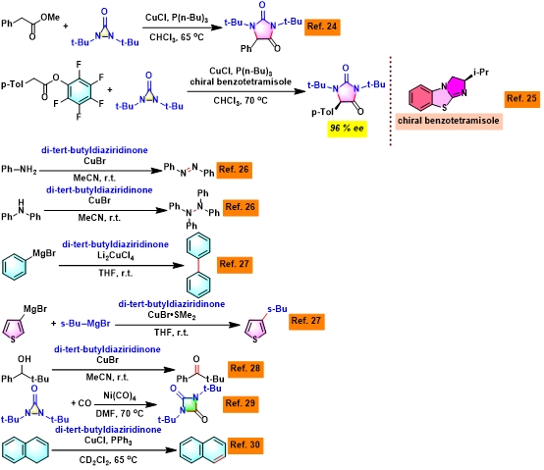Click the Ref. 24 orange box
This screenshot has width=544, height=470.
tap(322, 27)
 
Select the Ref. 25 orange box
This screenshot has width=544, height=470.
tap(521, 99)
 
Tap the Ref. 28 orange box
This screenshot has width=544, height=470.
tap(245, 369)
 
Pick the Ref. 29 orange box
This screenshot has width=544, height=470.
tap(241, 404)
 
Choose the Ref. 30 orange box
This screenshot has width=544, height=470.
tap(245, 445)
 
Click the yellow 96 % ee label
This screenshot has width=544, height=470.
tap(347, 129)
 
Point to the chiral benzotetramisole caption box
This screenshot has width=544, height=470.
tap(449, 121)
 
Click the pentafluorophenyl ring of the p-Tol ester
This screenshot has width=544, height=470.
tap(80, 90)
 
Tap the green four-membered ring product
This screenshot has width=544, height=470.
tap(190, 404)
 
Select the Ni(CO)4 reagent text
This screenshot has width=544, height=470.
tap(120, 395)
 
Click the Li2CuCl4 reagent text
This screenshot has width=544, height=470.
tap(116, 256)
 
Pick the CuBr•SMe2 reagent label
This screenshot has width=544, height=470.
tap(172, 315)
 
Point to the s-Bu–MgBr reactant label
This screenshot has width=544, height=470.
tap(85, 324)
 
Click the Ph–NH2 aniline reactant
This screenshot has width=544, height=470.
tap(19, 170)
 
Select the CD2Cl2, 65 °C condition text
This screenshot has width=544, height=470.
tap(108, 460)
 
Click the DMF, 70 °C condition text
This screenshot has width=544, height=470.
tap(120, 414)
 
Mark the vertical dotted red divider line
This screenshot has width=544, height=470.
tap(391, 101)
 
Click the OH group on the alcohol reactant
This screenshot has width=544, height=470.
tap(25, 359)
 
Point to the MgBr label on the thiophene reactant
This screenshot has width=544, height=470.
tap(35, 309)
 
